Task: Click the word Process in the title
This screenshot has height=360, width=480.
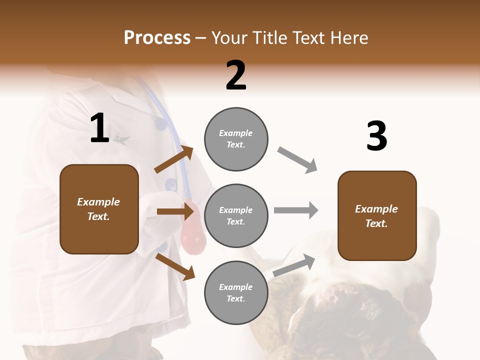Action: tap(157, 37)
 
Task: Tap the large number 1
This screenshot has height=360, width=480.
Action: tap(99, 128)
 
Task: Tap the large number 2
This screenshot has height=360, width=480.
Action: tap(236, 75)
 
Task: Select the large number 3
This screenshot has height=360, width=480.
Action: tap(376, 136)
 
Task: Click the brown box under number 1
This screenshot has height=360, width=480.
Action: tap(99, 209)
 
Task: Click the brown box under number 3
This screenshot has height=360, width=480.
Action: tap(377, 215)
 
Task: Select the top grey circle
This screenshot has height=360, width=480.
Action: tap(236, 139)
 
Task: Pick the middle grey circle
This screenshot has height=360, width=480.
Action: tap(236, 215)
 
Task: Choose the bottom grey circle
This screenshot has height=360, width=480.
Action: tap(236, 292)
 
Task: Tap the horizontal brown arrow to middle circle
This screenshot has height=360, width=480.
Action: tap(175, 211)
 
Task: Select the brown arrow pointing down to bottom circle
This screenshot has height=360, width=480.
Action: tap(175, 266)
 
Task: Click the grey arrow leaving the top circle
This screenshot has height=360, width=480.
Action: tap(297, 160)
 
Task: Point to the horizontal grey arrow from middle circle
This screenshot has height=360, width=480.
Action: tap(295, 210)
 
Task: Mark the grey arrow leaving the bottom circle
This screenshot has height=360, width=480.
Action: tap(294, 265)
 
